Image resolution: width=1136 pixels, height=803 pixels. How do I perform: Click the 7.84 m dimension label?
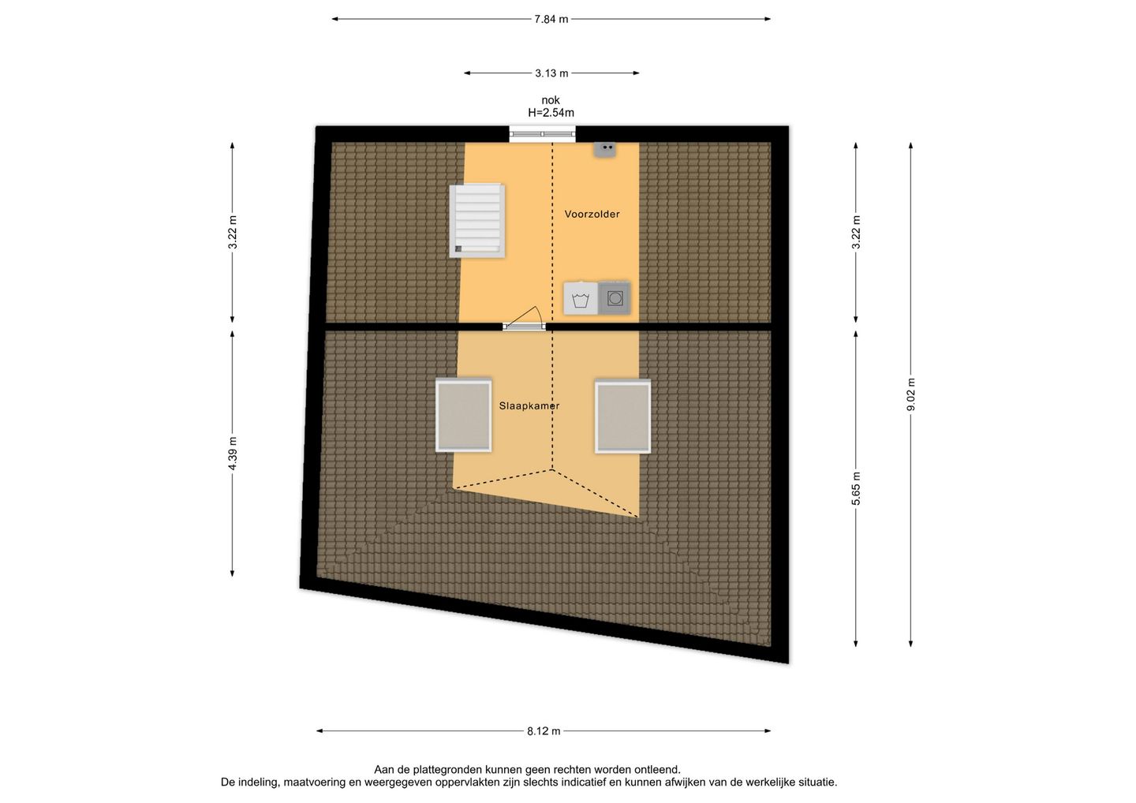click(x=551, y=19)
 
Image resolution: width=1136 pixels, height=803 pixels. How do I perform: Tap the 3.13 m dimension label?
click(x=551, y=73)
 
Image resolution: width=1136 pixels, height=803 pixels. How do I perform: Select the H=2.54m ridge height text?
click(x=551, y=113)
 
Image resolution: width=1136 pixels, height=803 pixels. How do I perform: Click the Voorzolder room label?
click(x=592, y=214)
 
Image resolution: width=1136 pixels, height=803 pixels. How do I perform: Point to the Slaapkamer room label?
click(x=529, y=405)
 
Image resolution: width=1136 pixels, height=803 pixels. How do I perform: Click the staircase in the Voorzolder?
click(x=476, y=220)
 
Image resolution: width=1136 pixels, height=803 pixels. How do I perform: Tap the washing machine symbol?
click(x=580, y=299)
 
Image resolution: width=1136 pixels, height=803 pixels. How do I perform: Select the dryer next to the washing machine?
click(x=615, y=298)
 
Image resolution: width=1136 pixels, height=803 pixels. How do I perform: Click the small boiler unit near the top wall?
click(x=605, y=150)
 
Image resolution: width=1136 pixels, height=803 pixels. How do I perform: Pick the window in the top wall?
click(x=543, y=134)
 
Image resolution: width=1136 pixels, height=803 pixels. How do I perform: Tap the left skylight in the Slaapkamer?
click(x=464, y=415)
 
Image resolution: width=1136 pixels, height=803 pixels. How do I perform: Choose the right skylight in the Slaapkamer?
click(x=622, y=416)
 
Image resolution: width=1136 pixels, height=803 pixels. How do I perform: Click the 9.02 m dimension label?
click(x=911, y=395)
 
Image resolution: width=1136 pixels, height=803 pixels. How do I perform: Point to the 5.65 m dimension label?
click(x=856, y=488)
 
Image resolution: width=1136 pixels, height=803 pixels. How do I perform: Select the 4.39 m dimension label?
click(x=232, y=454)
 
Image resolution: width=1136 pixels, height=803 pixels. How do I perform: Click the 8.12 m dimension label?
click(x=544, y=731)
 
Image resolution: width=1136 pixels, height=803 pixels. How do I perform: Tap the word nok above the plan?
click(x=551, y=100)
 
